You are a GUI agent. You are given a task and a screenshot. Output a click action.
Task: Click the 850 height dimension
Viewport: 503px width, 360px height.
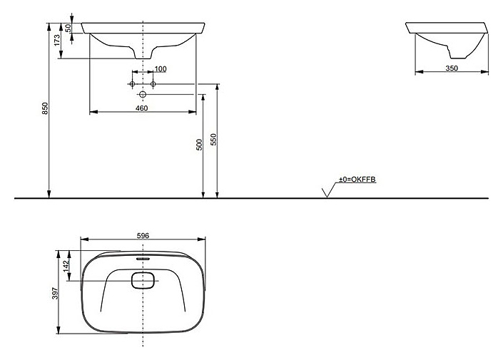point(44,108)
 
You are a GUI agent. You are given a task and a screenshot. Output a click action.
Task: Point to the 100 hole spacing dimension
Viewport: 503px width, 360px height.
point(161,68)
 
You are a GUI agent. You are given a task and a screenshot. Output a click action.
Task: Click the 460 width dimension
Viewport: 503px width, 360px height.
point(141,108)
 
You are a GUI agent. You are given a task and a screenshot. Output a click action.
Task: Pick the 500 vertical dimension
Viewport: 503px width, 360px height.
point(200,143)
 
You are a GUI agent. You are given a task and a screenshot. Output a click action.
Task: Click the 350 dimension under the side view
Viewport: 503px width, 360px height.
point(451,68)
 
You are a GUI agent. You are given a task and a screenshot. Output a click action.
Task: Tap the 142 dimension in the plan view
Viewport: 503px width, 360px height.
point(66,264)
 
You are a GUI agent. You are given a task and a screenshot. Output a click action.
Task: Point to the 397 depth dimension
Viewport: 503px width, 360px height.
point(54,292)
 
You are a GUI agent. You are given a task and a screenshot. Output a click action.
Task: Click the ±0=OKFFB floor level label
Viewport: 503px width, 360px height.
point(356,180)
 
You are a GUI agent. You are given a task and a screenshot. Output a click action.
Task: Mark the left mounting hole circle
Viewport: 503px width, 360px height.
point(133,84)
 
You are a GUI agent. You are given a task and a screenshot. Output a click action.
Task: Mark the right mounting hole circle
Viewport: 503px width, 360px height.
point(153,84)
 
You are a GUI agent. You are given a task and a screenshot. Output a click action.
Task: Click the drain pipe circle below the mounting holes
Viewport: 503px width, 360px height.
point(143,94)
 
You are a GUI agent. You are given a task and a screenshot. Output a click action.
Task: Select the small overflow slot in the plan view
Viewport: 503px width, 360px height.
point(143,258)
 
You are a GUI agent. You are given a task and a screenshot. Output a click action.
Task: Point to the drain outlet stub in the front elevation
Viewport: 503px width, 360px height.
point(143,55)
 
